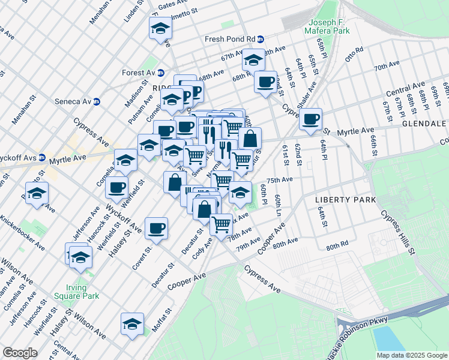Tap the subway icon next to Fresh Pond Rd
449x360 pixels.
[261, 39]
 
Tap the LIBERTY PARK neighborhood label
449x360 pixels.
[345, 199]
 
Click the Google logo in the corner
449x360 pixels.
[19, 353]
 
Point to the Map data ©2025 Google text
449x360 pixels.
[411, 355]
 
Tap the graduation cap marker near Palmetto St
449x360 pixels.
[160, 28]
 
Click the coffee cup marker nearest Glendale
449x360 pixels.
[310, 119]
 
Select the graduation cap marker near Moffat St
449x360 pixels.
[132, 323]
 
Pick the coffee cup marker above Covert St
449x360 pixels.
[156, 227]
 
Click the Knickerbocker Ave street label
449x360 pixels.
[25, 237]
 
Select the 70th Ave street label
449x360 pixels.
[387, 65]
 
